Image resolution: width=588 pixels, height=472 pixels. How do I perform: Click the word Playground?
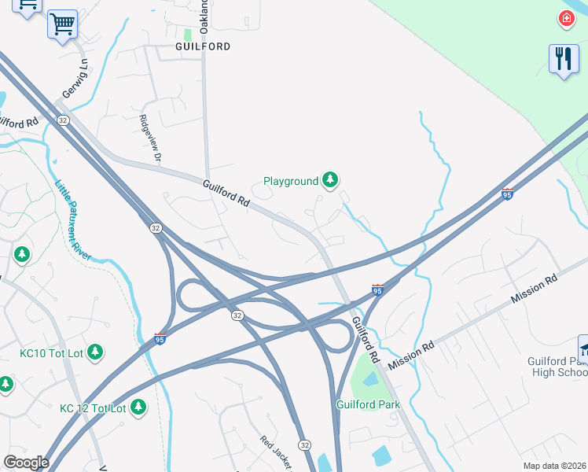pos(291,181)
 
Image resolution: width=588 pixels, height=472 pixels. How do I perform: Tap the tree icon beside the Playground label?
pos(331,181)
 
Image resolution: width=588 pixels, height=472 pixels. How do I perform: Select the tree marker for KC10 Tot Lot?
pos(95,352)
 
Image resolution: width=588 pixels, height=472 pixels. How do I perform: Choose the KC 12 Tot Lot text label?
pos(93,408)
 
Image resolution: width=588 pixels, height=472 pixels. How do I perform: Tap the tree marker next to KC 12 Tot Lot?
pos(138,407)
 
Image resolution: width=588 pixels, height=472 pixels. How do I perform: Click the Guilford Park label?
pos(369,404)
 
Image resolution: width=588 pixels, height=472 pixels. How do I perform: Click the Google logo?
pos(25,463)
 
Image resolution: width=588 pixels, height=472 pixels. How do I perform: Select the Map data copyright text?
pos(555,466)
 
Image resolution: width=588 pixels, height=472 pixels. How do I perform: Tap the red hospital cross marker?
pos(566,19)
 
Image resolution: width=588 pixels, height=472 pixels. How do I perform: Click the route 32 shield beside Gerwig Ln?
pos(62,120)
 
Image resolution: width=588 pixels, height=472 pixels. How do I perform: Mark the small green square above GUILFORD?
pos(188,35)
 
